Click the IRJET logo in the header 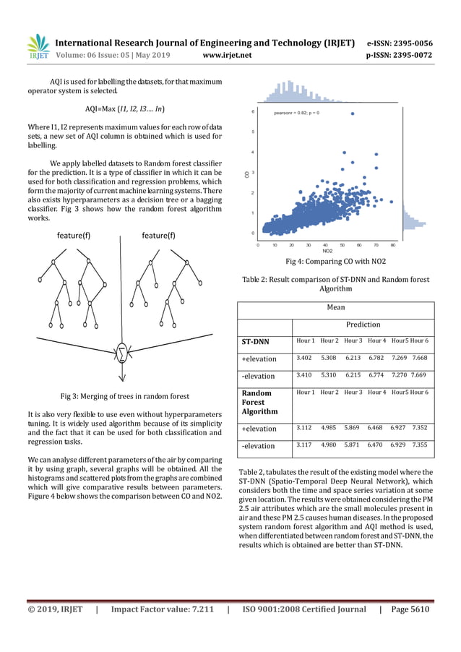pyautogui.click(x=38, y=47)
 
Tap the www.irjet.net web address pyautogui.click(x=227, y=54)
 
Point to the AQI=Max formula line pyautogui.click(x=125, y=108)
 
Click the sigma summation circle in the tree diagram pyautogui.click(x=123, y=353)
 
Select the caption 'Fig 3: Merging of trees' pyautogui.click(x=125, y=395)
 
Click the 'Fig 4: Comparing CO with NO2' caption pyautogui.click(x=335, y=261)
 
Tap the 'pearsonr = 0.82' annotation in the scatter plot pyautogui.click(x=297, y=113)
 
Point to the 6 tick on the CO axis pyautogui.click(x=252, y=112)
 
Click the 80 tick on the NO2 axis pyautogui.click(x=392, y=245)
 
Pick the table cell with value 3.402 pyautogui.click(x=304, y=358)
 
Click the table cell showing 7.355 pyautogui.click(x=420, y=445)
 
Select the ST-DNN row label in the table pyautogui.click(x=254, y=340)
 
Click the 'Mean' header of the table pyautogui.click(x=335, y=306)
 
